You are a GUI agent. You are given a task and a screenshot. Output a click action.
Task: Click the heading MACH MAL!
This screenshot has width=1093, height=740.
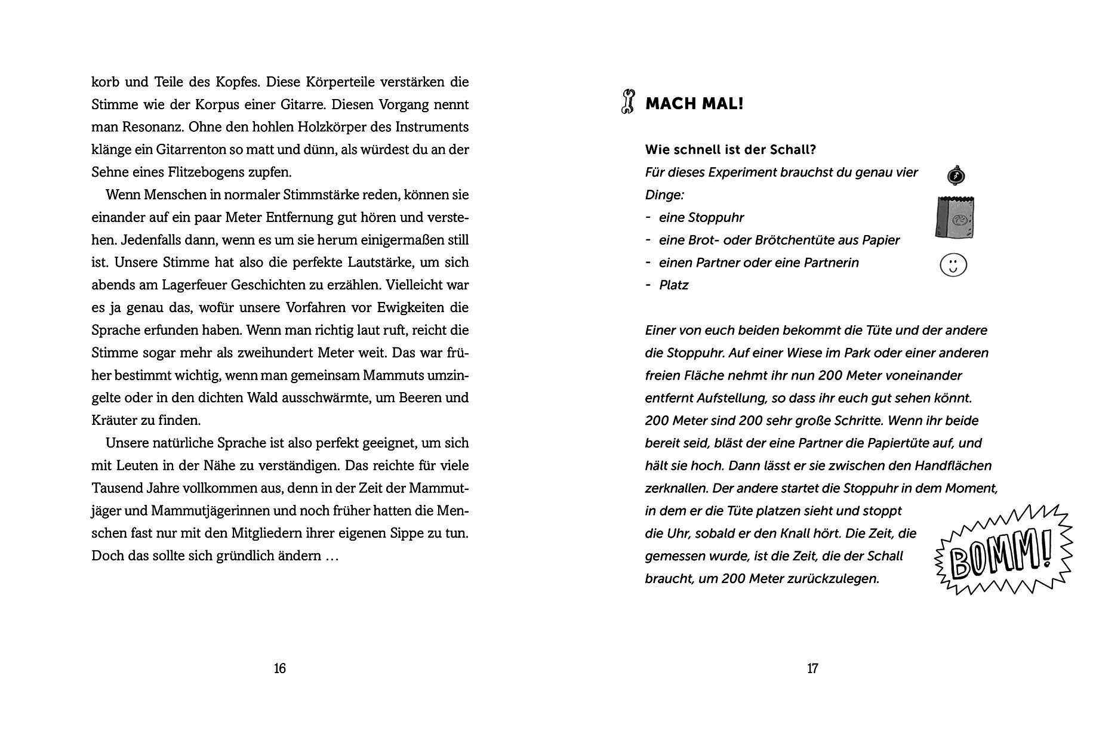[694, 104]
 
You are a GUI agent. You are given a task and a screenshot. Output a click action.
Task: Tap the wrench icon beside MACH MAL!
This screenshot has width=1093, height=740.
[627, 102]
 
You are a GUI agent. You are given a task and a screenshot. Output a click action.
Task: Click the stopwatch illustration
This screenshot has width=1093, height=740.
[956, 175]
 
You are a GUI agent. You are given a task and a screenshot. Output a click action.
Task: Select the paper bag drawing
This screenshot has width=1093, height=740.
[955, 217]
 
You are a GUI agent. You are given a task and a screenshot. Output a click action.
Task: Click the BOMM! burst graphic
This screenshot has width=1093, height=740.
[1003, 550]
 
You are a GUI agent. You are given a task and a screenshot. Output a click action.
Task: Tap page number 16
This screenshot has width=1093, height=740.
[279, 668]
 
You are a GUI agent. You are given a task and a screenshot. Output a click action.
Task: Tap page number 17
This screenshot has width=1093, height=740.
[812, 668]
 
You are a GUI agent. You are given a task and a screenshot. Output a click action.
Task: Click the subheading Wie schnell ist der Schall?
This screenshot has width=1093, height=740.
[730, 149]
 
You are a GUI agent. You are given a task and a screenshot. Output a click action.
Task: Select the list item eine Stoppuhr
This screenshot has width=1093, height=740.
[701, 217]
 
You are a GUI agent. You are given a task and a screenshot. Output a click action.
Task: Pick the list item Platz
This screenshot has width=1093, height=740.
[673, 285]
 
